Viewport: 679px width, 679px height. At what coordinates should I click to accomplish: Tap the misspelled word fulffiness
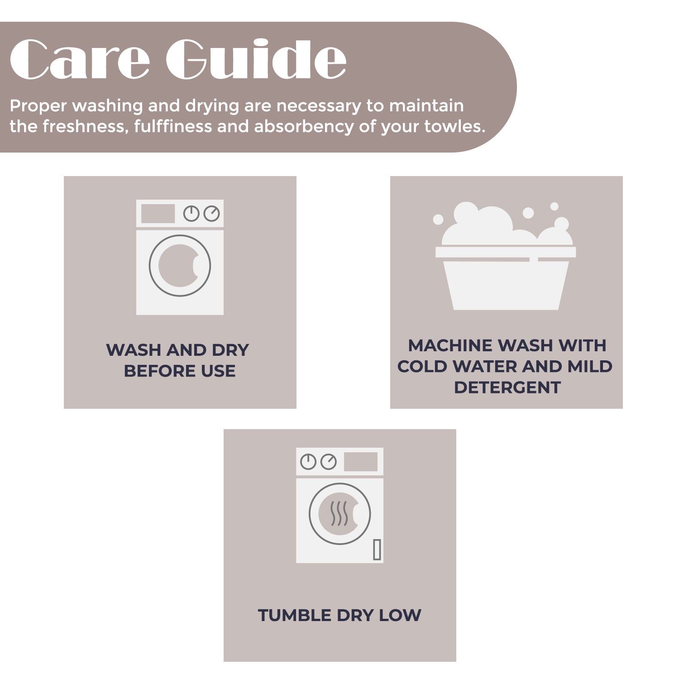pos(172,126)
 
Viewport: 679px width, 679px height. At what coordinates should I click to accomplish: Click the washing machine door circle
pos(180,266)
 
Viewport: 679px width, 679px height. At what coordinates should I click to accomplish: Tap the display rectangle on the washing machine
pos(158,214)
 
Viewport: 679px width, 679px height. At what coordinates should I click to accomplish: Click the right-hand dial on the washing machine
pos(211,214)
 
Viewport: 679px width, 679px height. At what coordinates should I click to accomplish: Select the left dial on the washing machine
pos(191,214)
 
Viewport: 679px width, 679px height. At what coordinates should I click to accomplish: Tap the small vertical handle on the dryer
pos(377,550)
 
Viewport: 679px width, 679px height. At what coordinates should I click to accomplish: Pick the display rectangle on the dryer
pos(361,462)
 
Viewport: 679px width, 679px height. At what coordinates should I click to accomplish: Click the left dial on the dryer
pos(308,462)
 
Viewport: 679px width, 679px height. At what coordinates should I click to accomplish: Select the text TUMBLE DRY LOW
pos(339,616)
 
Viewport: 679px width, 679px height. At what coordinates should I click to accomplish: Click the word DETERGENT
pos(507,387)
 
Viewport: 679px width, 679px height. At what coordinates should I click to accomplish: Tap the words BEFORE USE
pos(180,371)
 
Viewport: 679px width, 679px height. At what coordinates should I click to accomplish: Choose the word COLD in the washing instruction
pos(422,367)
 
